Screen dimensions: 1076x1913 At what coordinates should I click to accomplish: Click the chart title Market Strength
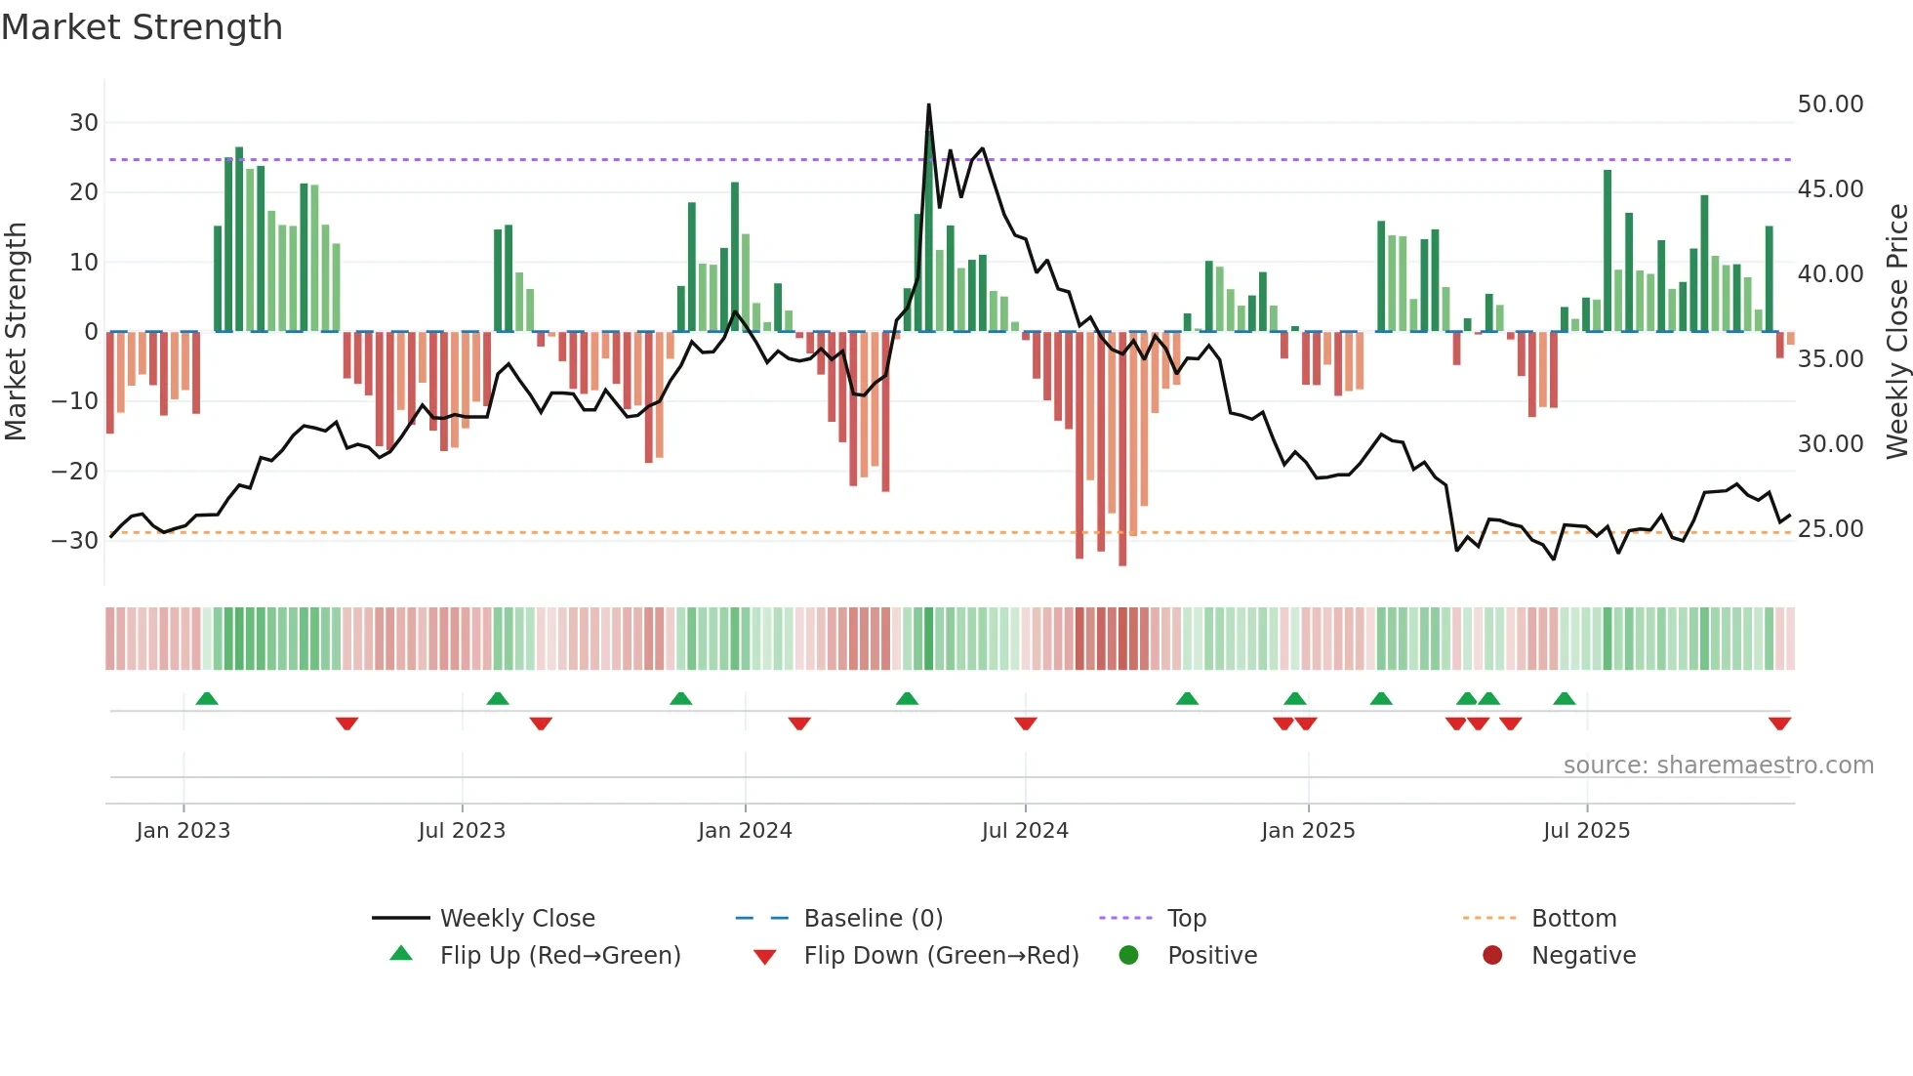point(142,27)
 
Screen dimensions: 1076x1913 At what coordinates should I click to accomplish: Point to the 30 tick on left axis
point(84,123)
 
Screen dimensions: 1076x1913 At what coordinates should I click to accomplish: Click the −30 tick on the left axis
point(75,541)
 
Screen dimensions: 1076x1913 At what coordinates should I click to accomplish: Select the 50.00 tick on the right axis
point(1830,104)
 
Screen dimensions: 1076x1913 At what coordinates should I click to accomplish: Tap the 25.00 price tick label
point(1830,529)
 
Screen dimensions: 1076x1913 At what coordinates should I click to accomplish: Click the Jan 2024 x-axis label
point(745,831)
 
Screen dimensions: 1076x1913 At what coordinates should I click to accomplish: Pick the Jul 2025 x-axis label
point(1586,831)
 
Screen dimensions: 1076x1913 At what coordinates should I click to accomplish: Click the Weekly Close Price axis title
point(1896,332)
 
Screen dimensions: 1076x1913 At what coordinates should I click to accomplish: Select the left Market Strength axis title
point(16,332)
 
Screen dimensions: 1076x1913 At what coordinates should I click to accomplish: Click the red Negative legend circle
point(1492,956)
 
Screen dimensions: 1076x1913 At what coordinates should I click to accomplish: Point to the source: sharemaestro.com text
point(1718,766)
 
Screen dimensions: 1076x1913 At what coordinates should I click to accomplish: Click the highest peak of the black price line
point(928,104)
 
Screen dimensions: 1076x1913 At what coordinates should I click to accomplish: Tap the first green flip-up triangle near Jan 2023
point(207,699)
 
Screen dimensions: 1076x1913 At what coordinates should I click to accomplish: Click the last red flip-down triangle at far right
point(1779,724)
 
